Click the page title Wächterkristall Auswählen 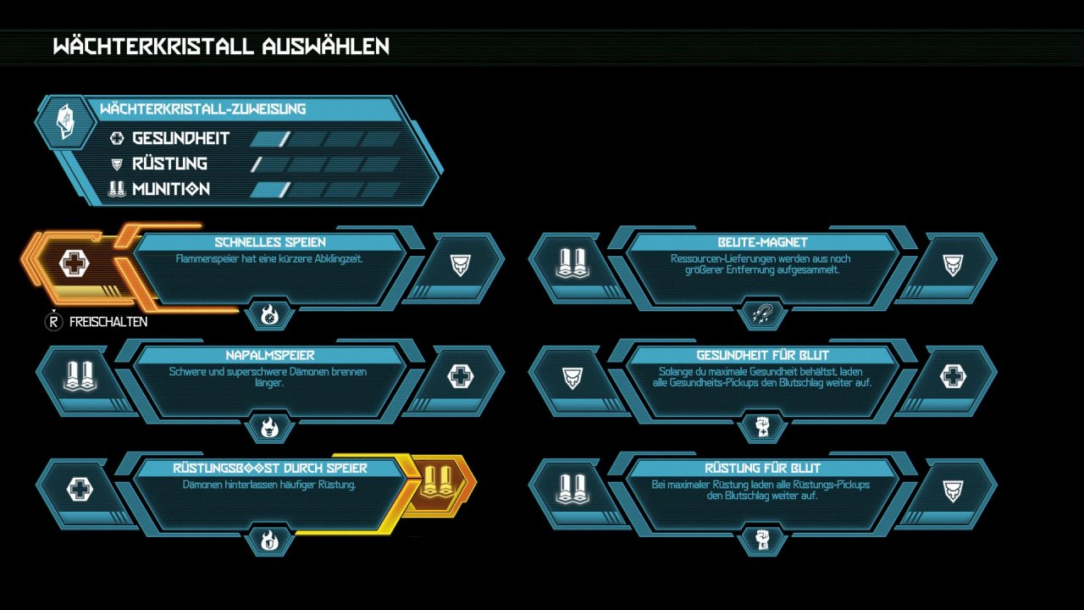coord(221,46)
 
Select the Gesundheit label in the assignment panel coord(180,138)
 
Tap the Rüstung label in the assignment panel coord(169,164)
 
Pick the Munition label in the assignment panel coord(171,189)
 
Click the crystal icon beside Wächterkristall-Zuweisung coord(66,121)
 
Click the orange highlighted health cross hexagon coord(74,263)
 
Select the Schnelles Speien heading coord(270,242)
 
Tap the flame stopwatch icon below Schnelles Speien coord(269,315)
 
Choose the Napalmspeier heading coord(270,355)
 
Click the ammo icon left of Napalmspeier coord(80,376)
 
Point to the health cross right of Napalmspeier coord(460,377)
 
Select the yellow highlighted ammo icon coord(438,482)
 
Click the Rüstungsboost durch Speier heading coord(270,469)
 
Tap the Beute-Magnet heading coord(762,242)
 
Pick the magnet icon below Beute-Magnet coord(762,313)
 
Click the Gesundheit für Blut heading coord(763,355)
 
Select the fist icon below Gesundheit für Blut coord(762,426)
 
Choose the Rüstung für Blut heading coord(763,469)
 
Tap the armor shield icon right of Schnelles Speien coord(460,265)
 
